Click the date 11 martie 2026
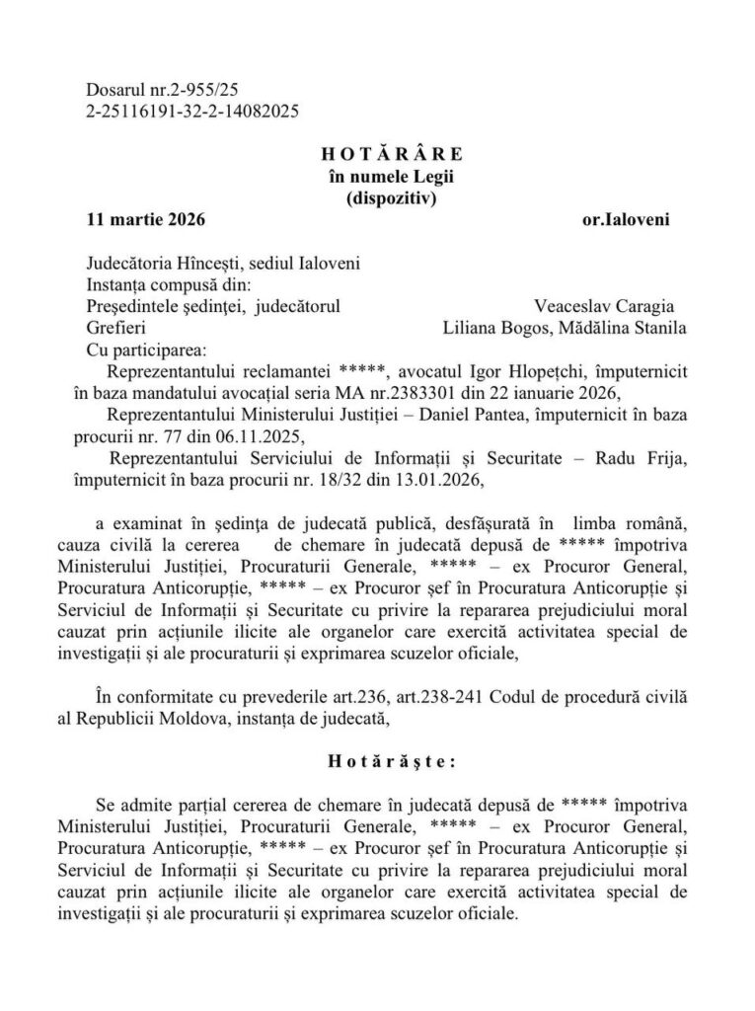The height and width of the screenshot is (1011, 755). pos(146,219)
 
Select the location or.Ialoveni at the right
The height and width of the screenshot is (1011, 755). pos(626,219)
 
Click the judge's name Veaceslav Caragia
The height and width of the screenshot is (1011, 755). pos(598,306)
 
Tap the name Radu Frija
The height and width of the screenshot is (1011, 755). pos(639,458)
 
